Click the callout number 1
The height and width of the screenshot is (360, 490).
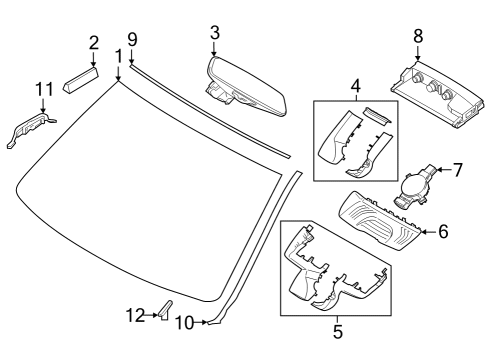(118, 56)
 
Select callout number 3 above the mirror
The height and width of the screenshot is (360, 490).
(213, 32)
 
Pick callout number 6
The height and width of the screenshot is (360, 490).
(443, 232)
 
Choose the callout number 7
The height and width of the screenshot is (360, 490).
(458, 169)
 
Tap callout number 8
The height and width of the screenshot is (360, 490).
(418, 36)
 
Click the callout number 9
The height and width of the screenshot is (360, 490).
(131, 39)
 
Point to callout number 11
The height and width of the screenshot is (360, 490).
(42, 91)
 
